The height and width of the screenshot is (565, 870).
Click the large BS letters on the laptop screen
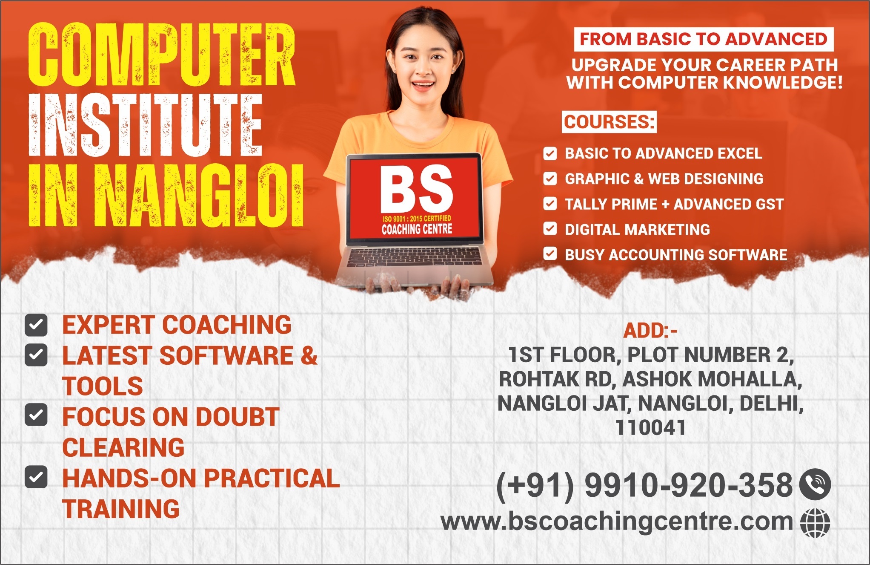pos(416,189)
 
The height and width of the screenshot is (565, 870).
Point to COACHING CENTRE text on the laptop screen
pos(417,230)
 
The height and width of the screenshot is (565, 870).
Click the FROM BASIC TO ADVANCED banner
pos(703,39)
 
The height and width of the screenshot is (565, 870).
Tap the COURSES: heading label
pos(609,122)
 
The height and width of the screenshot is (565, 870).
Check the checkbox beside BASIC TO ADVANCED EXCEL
pos(550,153)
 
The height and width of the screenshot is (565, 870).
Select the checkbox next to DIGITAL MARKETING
pos(550,229)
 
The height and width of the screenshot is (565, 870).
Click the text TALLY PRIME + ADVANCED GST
pos(674,204)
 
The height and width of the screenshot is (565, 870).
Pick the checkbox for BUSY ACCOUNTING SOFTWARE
pos(550,254)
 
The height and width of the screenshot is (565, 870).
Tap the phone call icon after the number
pos(815,484)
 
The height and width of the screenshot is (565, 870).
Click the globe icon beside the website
pos(815,522)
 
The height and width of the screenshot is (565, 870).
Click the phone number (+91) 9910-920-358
pos(644,485)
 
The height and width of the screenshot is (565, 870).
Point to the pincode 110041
pos(650,427)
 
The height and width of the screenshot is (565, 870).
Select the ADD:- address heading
pos(650,331)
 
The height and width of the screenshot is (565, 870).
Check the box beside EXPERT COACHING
pos(36,325)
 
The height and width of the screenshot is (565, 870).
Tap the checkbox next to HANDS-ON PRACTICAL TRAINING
pos(36,477)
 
